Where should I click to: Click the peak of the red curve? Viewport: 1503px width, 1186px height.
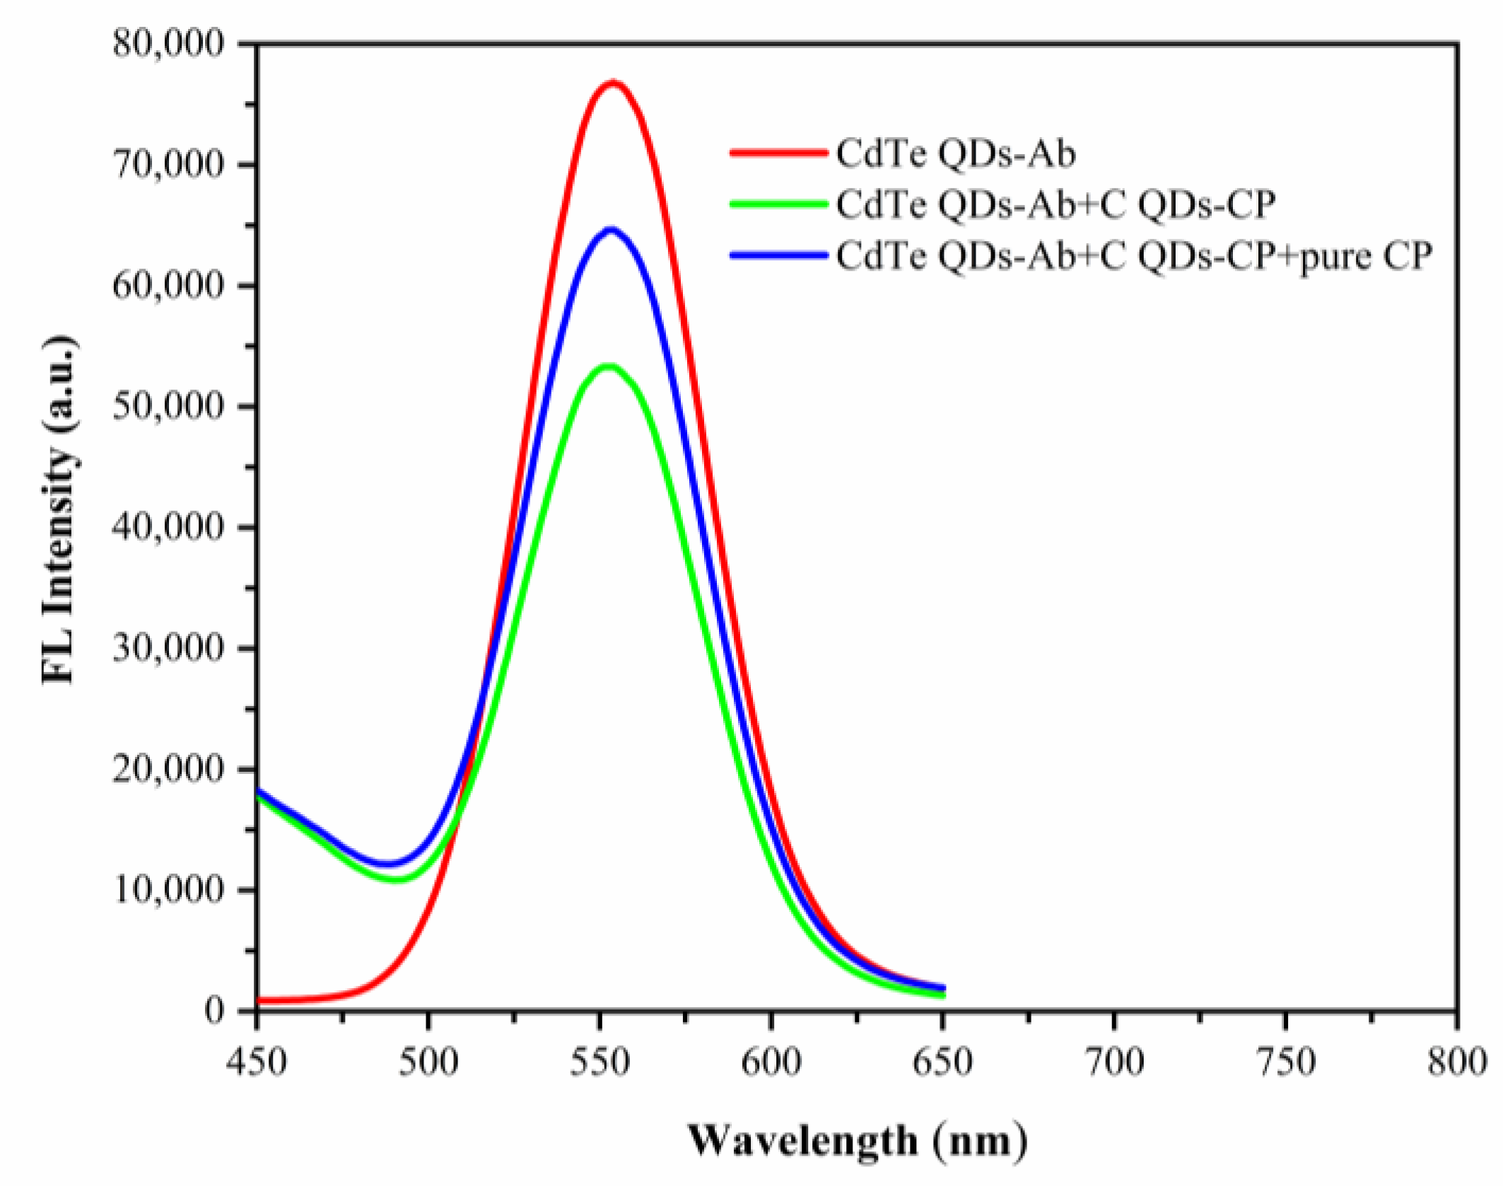(x=613, y=83)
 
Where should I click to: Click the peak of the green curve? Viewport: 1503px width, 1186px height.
(x=609, y=366)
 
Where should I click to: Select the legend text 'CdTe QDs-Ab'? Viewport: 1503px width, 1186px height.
(x=956, y=153)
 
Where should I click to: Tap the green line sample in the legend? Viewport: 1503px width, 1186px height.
(x=778, y=204)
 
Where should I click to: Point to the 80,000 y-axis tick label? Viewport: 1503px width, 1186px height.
(x=168, y=44)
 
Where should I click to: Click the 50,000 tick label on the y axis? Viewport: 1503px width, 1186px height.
(x=168, y=406)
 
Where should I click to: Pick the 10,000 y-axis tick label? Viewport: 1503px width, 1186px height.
(x=168, y=889)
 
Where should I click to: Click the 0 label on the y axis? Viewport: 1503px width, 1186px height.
(x=214, y=1010)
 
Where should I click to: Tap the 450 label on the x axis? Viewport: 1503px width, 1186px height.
(x=256, y=1062)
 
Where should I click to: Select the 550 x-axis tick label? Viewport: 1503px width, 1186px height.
(x=600, y=1062)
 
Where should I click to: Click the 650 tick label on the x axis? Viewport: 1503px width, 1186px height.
(x=942, y=1062)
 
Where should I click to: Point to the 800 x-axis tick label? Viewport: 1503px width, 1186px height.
(x=1456, y=1062)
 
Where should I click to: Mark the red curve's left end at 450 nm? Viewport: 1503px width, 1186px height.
(x=259, y=1000)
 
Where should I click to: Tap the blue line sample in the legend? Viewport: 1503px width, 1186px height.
(x=778, y=255)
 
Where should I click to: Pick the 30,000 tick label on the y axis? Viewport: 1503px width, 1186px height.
(x=168, y=647)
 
